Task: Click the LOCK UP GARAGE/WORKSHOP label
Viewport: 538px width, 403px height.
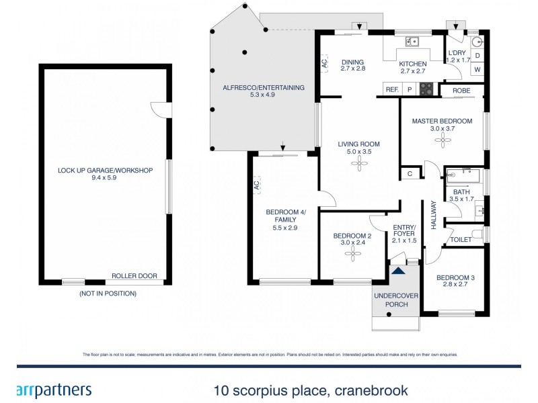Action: point(105,171)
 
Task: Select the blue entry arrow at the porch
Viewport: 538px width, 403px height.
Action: point(399,271)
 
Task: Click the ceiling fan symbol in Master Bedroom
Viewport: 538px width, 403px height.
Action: point(443,140)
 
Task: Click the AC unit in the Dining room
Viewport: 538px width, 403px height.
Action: point(324,64)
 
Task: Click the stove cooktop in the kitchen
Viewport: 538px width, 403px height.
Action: point(426,89)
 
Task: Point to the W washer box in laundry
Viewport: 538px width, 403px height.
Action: point(477,69)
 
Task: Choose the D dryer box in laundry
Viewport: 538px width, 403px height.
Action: point(477,55)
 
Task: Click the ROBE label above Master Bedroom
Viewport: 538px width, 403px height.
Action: point(461,89)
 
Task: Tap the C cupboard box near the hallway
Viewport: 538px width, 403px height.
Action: point(410,173)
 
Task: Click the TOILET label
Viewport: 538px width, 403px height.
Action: point(461,240)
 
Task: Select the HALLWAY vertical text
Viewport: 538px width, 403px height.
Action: point(434,216)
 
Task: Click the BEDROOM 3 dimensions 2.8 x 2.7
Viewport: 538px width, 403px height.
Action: point(455,286)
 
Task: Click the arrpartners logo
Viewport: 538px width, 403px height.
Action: point(52,389)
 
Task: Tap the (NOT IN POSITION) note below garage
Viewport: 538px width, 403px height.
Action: point(108,294)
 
